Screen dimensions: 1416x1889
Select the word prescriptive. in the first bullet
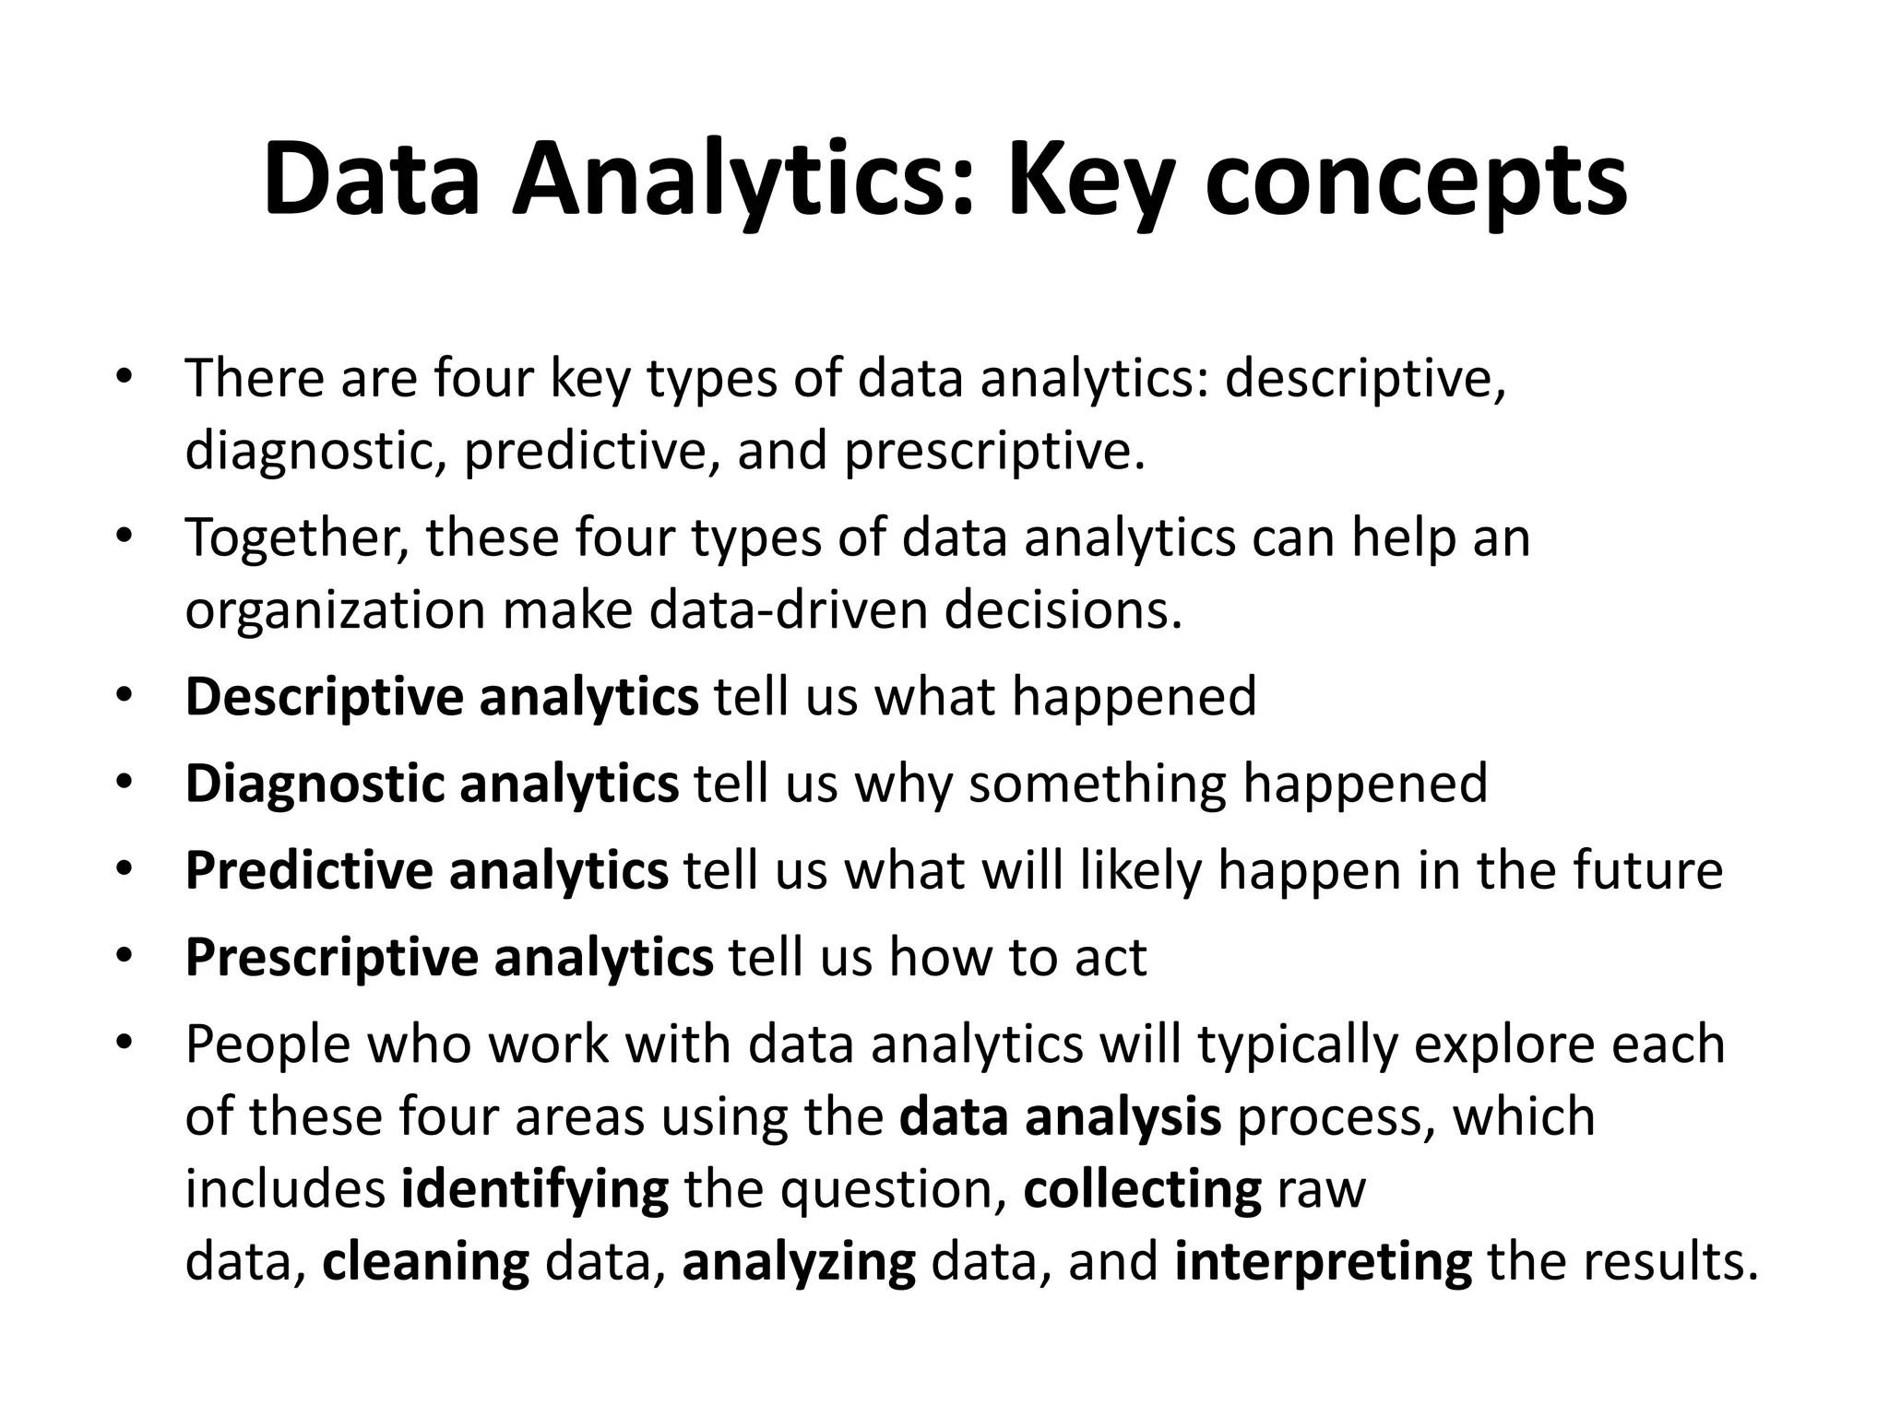click(994, 452)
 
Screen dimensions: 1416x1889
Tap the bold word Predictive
click(309, 870)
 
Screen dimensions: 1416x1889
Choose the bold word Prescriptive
click(331, 958)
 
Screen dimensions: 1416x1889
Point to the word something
click(1097, 784)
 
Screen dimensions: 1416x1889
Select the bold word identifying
click(534, 1190)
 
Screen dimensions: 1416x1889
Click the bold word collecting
click(1142, 1190)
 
